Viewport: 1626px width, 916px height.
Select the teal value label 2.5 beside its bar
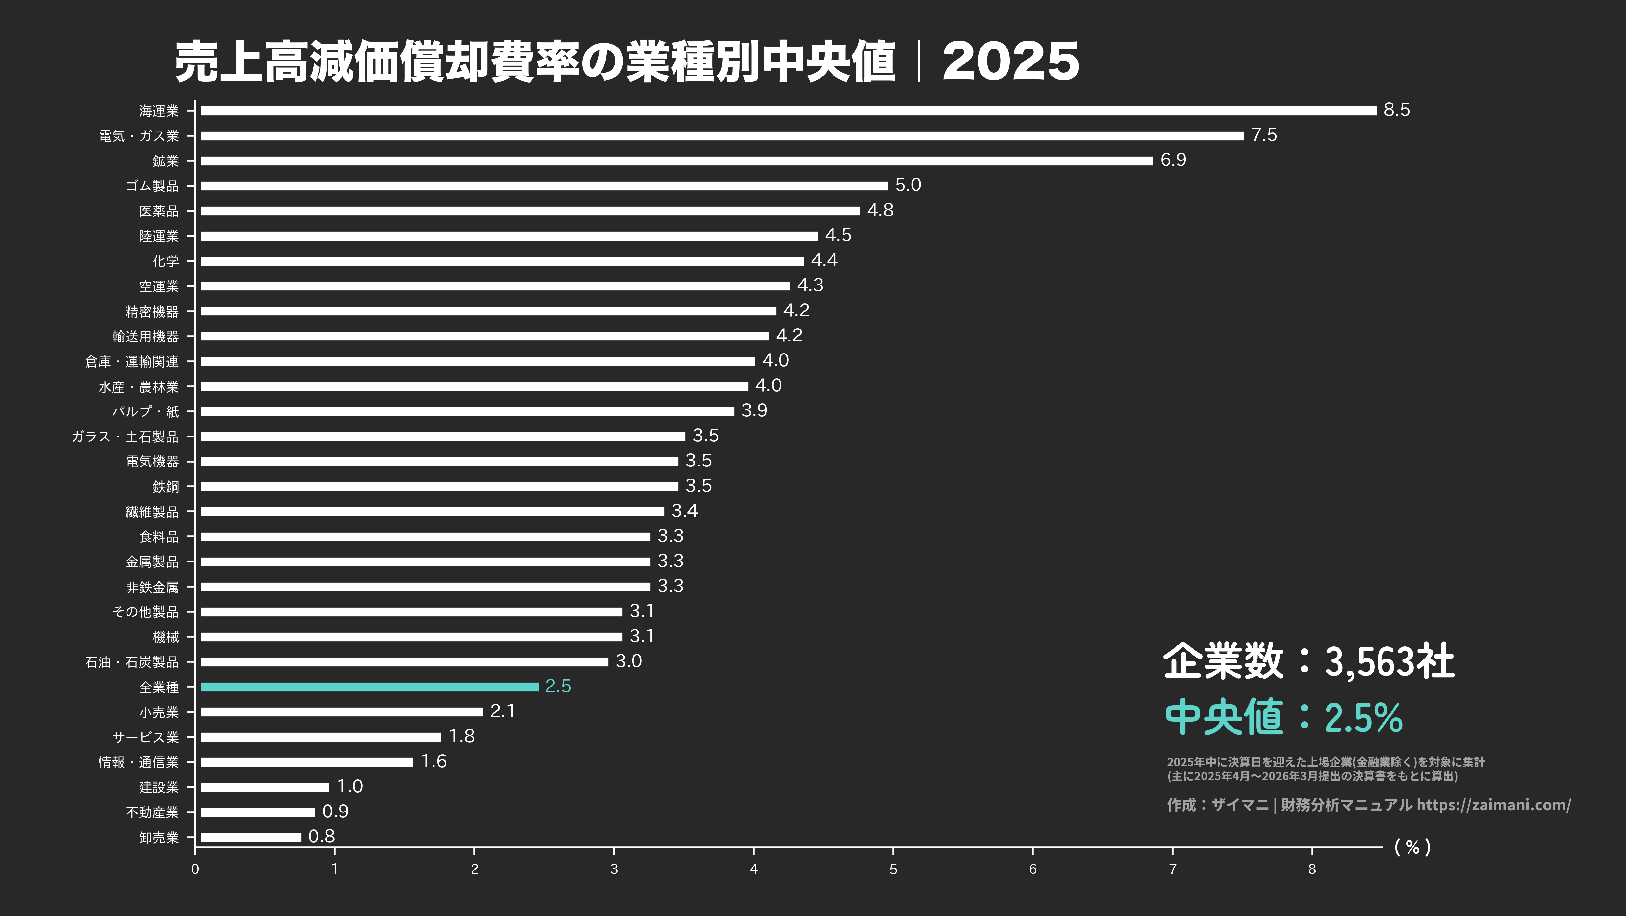pos(558,686)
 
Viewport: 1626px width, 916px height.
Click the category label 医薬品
pos(159,211)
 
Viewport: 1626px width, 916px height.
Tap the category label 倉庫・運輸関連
pos(132,361)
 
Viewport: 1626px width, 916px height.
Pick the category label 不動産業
pos(152,812)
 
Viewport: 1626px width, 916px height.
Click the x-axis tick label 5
pos(893,869)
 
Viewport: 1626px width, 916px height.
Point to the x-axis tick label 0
pos(195,869)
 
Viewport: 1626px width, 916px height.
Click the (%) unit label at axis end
pos(1413,847)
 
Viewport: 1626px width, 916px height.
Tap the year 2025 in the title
pos(1011,62)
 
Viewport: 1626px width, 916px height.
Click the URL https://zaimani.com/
pos(1493,805)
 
